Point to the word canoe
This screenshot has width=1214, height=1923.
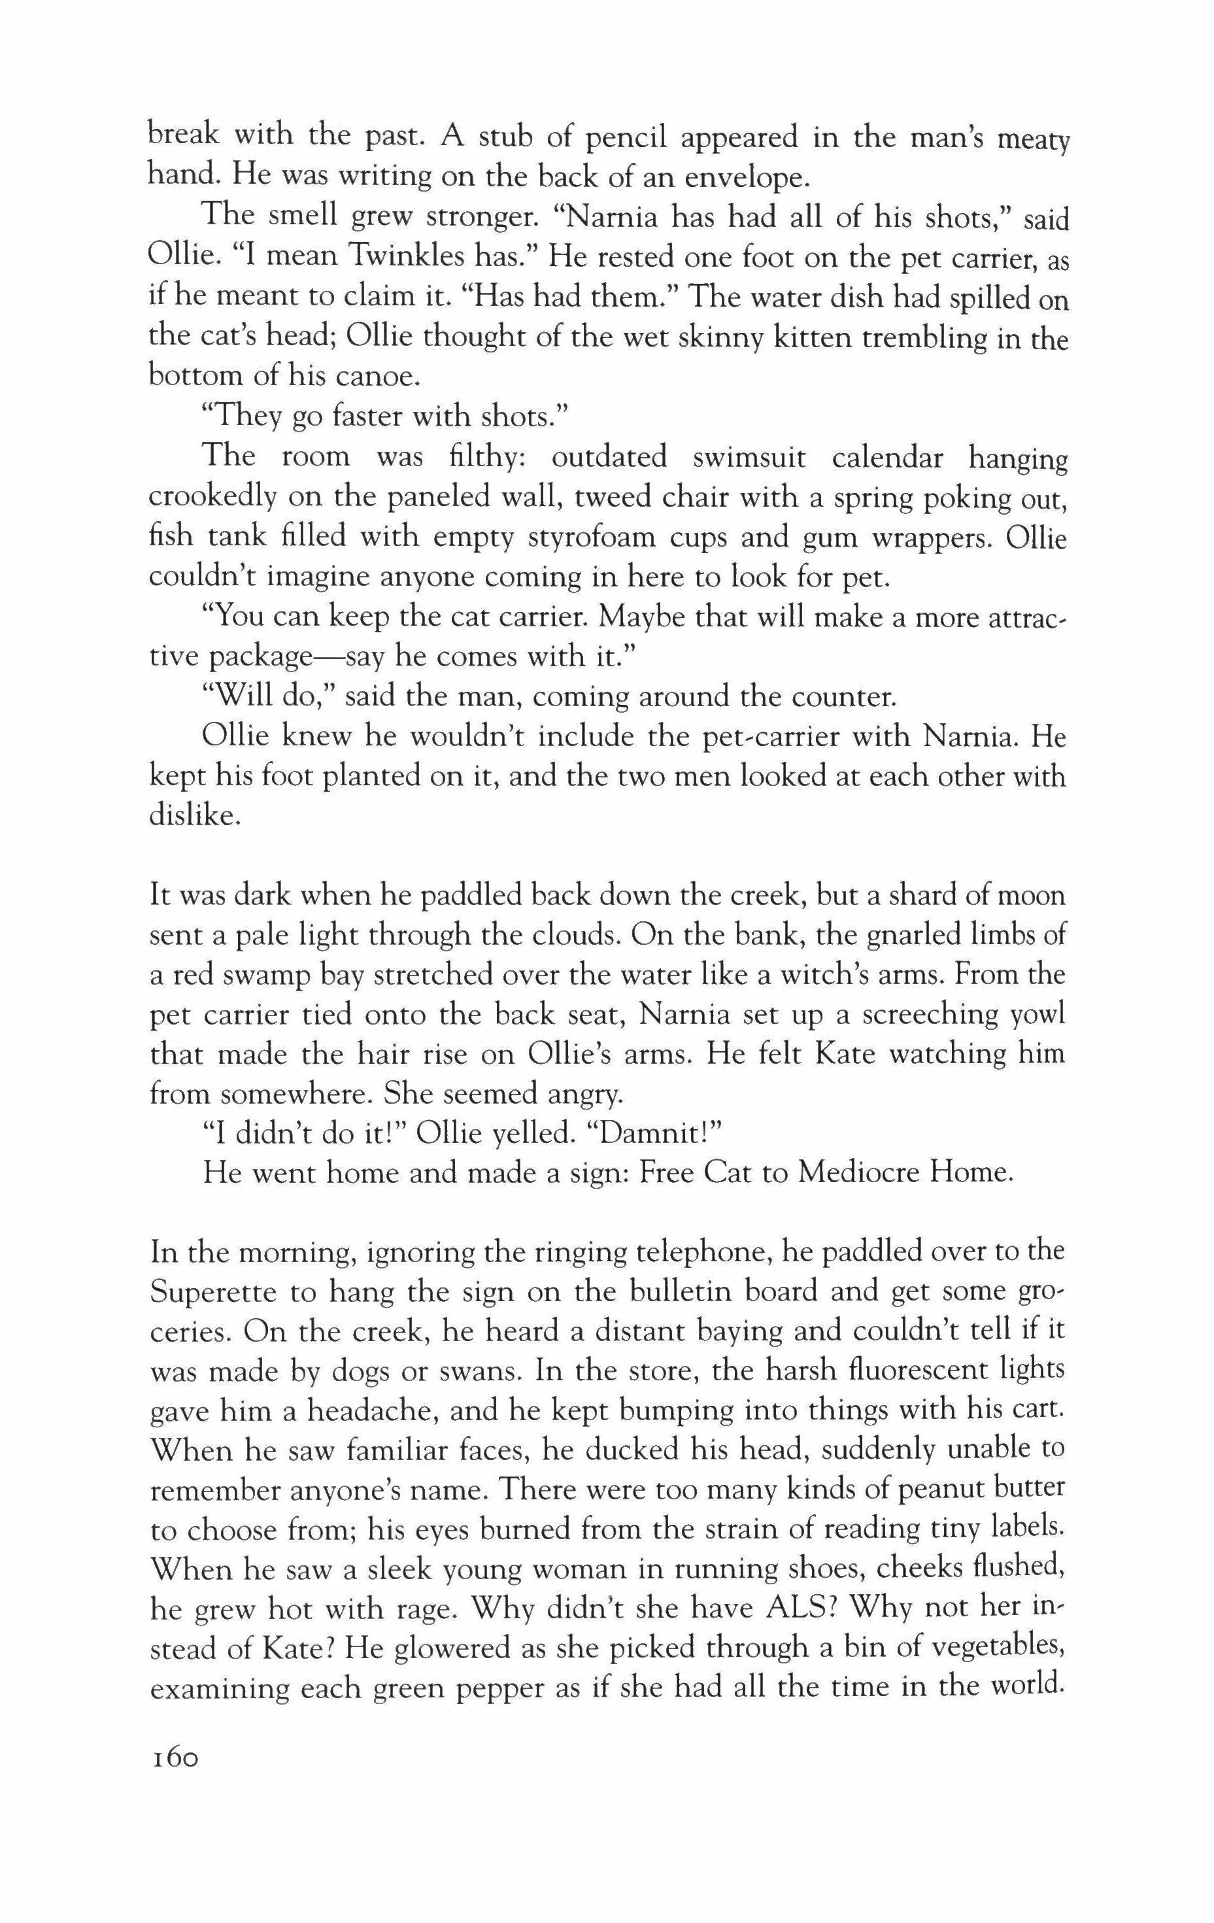375,375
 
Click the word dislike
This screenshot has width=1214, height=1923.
194,815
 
